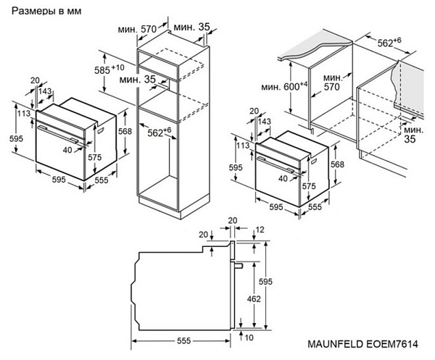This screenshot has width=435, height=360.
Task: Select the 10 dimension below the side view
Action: (248, 338)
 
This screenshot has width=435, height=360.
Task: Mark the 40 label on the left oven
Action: (68, 149)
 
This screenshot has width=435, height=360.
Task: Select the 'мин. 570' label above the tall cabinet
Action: (138, 29)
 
